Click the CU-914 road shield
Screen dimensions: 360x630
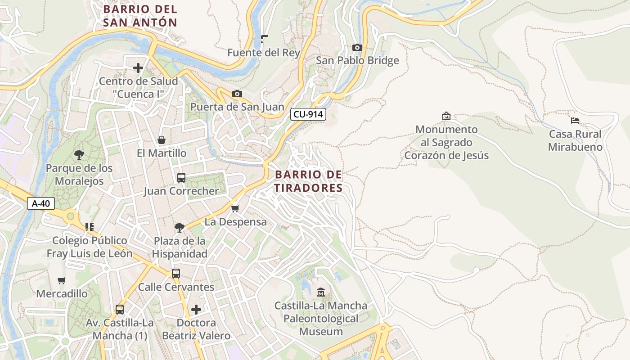pyautogui.click(x=308, y=114)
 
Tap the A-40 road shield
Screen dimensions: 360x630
pyautogui.click(x=40, y=203)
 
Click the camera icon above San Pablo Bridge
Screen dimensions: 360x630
pyautogui.click(x=357, y=47)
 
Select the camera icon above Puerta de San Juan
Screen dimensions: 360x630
pyautogui.click(x=237, y=94)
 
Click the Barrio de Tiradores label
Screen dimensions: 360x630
pyautogui.click(x=308, y=181)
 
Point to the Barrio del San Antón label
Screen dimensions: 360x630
pyautogui.click(x=140, y=15)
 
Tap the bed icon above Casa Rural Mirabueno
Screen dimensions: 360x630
pyautogui.click(x=575, y=121)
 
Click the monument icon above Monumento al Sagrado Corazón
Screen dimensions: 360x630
pyautogui.click(x=446, y=116)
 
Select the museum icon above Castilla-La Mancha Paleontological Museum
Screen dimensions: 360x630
pyautogui.click(x=320, y=292)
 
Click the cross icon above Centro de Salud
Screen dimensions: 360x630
pyautogui.click(x=138, y=68)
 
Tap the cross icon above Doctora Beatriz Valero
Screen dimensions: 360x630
pyautogui.click(x=196, y=310)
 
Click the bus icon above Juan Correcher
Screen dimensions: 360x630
pyautogui.click(x=181, y=177)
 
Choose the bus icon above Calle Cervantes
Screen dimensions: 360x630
pyautogui.click(x=175, y=273)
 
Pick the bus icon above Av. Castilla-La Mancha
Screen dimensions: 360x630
pyautogui.click(x=119, y=309)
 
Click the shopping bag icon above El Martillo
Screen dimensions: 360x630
pyautogui.click(x=161, y=140)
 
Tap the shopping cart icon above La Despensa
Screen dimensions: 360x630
pyautogui.click(x=235, y=208)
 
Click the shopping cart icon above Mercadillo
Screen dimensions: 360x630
pyautogui.click(x=62, y=280)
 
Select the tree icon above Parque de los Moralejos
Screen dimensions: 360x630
pyautogui.click(x=79, y=155)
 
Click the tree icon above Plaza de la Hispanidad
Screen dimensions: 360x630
pyautogui.click(x=179, y=227)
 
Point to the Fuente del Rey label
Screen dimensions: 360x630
pyautogui.click(x=263, y=53)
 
